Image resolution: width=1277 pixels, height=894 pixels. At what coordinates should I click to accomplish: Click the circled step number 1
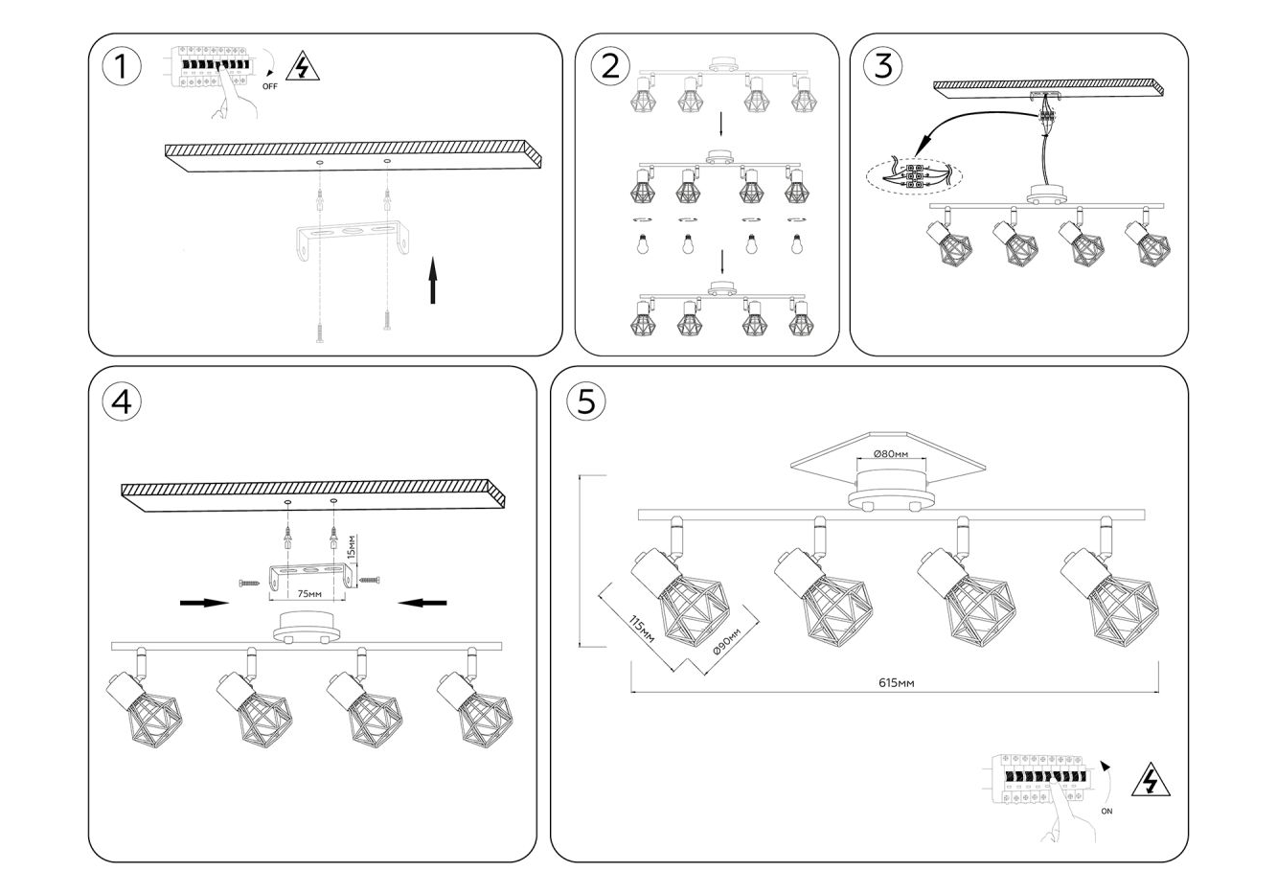tap(121, 67)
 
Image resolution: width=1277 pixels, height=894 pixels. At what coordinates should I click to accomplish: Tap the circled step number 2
tap(610, 66)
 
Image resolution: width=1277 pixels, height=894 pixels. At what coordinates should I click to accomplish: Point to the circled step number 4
tap(121, 401)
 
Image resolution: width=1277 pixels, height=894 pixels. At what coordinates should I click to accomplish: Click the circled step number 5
tap(586, 401)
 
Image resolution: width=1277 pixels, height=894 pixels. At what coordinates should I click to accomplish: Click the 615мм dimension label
tap(896, 682)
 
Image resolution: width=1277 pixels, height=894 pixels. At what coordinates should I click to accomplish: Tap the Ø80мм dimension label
tap(891, 453)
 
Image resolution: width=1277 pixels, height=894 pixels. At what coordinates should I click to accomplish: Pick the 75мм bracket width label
tap(308, 594)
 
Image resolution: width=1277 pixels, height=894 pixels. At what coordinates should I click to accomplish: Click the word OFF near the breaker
tap(269, 85)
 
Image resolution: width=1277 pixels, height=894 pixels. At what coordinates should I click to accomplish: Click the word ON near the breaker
tap(1107, 811)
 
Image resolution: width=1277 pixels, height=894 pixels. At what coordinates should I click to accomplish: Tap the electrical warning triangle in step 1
tap(303, 66)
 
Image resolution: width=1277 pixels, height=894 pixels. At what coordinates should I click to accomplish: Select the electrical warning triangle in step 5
tap(1151, 781)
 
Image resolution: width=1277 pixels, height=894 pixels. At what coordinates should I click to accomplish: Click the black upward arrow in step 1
tap(433, 279)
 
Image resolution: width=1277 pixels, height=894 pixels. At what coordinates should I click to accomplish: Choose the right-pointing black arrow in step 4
tap(204, 603)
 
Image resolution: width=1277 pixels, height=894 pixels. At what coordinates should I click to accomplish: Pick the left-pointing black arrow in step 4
tap(422, 603)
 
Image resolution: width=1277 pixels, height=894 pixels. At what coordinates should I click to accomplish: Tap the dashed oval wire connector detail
tap(913, 175)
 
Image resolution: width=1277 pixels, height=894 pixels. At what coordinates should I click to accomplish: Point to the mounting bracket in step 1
tap(352, 240)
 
